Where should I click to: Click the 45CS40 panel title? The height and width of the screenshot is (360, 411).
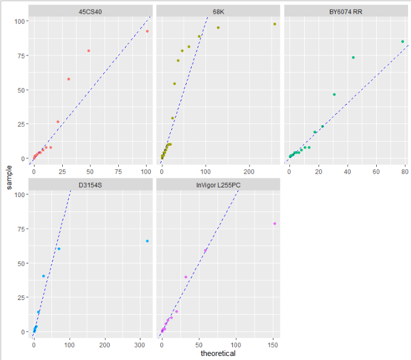[91, 11]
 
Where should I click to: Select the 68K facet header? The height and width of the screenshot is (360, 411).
[218, 11]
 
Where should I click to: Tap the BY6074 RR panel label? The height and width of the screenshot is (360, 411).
[346, 11]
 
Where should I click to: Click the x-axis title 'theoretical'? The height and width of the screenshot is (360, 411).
[218, 354]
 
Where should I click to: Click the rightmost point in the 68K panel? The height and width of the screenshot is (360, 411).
[275, 24]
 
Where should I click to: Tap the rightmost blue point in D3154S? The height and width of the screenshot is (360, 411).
[147, 241]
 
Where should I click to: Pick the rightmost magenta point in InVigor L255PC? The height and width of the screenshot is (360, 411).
[275, 223]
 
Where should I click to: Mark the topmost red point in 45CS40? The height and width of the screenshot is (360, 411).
[147, 31]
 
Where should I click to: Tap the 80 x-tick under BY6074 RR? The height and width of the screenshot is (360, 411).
[405, 171]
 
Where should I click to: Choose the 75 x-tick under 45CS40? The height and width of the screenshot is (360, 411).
[118, 171]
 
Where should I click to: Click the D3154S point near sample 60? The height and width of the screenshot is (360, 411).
[59, 249]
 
